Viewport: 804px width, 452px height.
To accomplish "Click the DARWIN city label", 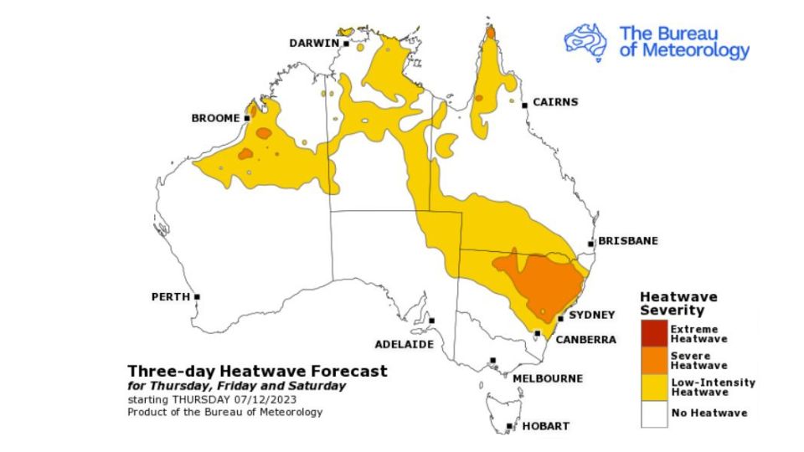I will point(314,43).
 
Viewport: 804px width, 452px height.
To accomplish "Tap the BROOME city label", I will point(216,118).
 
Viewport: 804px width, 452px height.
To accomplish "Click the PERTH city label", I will point(168,296).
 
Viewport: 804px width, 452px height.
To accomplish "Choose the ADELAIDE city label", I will point(404,344).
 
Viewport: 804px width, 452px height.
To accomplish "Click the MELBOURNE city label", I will point(547,378).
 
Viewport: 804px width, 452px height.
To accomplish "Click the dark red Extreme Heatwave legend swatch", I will point(654,334).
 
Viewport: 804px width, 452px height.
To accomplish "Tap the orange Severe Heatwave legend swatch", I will point(654,360).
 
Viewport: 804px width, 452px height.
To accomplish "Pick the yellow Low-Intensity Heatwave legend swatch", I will point(654,387).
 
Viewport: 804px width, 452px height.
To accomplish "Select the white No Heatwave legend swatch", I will point(654,413).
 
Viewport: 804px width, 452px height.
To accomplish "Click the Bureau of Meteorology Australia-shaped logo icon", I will point(585,41).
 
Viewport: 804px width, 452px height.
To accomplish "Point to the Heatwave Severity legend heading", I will point(678,303).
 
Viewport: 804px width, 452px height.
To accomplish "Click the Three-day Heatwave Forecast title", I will point(257,371).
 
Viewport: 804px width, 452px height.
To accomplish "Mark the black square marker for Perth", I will point(197,296).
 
